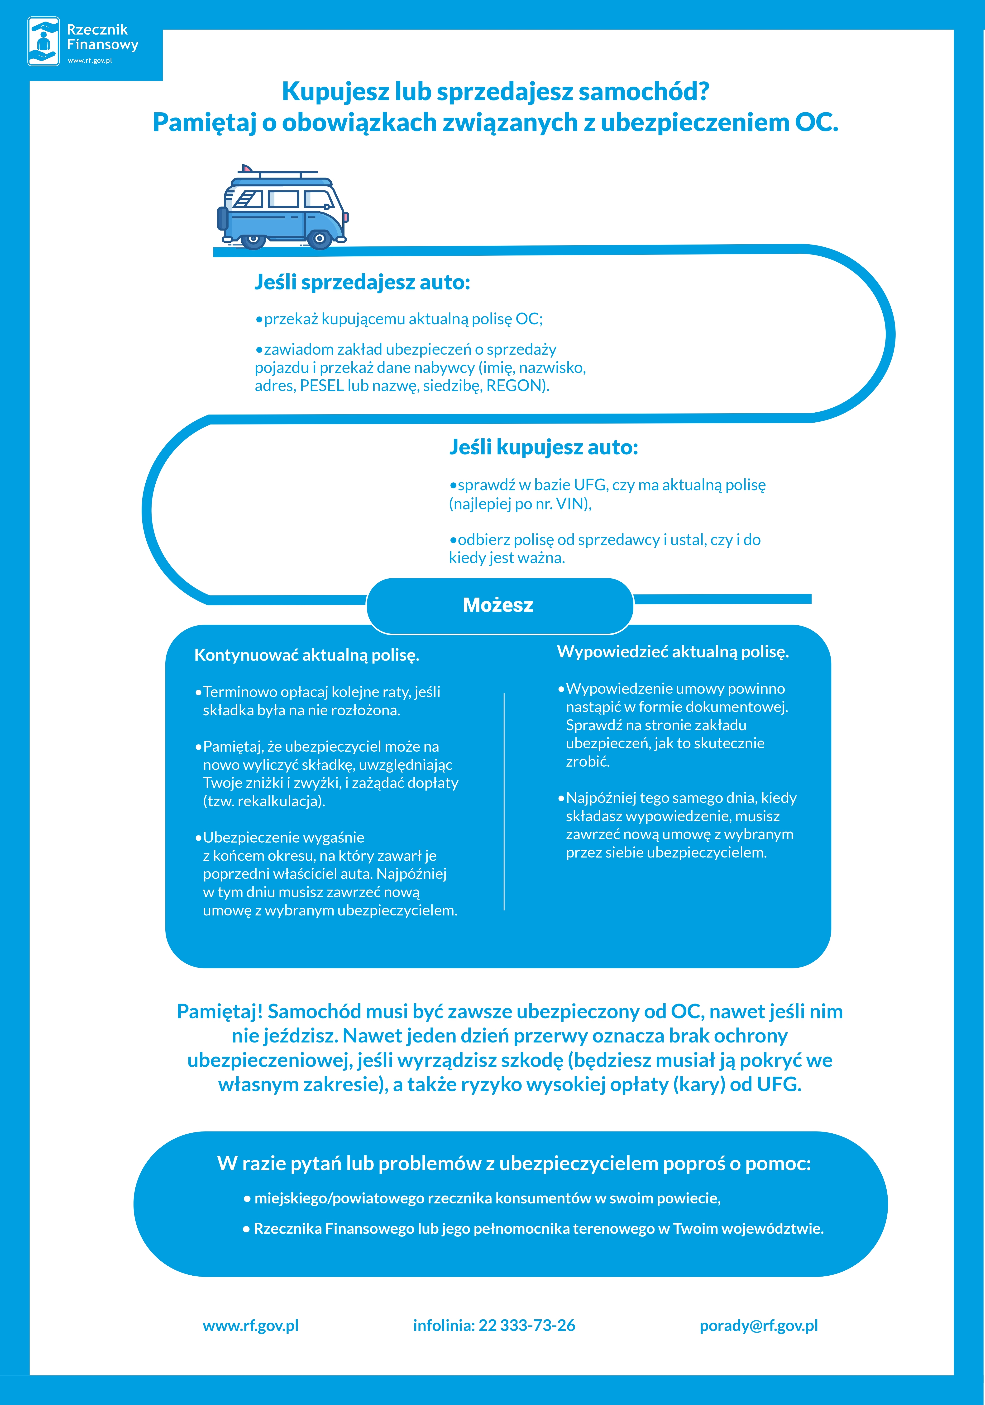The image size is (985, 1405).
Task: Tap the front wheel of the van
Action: click(x=319, y=239)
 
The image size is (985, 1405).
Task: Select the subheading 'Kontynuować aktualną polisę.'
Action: click(x=307, y=655)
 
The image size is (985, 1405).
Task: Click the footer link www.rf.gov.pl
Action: click(x=250, y=1325)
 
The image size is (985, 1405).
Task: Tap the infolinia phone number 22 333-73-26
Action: click(x=526, y=1325)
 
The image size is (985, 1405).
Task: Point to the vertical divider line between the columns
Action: click(x=504, y=802)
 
